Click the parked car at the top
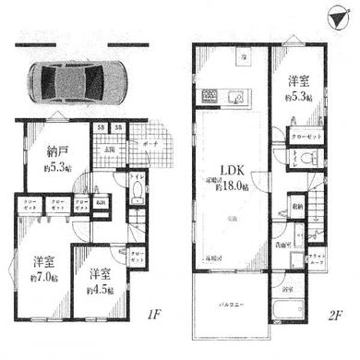click(78, 81)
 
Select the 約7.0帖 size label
click(44, 278)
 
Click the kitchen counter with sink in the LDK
click(220, 97)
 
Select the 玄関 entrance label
click(109, 150)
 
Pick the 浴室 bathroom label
click(287, 290)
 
